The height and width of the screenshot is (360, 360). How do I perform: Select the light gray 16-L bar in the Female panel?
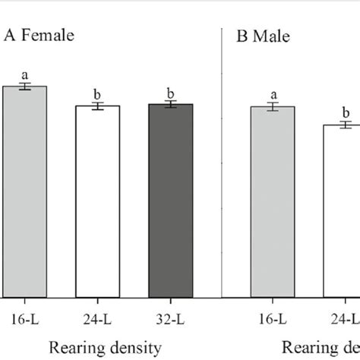click(24, 190)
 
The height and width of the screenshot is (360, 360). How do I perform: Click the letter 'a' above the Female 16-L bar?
click(24, 74)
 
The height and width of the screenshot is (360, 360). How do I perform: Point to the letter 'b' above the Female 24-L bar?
click(97, 93)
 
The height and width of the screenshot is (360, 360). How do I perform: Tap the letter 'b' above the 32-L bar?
click(171, 93)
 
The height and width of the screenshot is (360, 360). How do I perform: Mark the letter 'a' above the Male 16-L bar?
click(273, 94)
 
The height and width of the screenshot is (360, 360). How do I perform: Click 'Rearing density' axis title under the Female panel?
click(106, 347)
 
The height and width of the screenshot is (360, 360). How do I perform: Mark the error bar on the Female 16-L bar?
click(24, 87)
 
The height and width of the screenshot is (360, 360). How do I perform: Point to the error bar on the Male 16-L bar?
click(273, 107)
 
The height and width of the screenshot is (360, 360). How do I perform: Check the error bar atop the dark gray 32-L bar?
click(171, 104)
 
